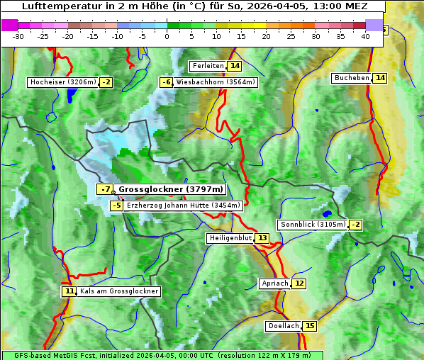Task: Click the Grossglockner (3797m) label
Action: tap(171, 189)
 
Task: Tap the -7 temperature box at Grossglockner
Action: tap(105, 189)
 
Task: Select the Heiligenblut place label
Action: tap(230, 238)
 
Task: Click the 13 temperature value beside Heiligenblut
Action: tap(262, 238)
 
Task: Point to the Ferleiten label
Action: tap(208, 66)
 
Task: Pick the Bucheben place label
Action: tap(352, 78)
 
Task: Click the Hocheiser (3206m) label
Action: tap(62, 82)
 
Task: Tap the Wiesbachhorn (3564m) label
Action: tap(216, 82)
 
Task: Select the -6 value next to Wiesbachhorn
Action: tap(166, 82)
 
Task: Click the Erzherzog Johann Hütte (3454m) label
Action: tap(184, 206)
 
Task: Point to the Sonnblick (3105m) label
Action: tap(313, 225)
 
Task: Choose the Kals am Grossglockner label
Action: tap(119, 291)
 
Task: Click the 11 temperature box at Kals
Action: tap(69, 291)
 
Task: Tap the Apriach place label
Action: tap(275, 283)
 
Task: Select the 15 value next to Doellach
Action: tap(310, 326)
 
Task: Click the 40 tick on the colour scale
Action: tap(366, 36)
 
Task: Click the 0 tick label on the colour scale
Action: tap(167, 36)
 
